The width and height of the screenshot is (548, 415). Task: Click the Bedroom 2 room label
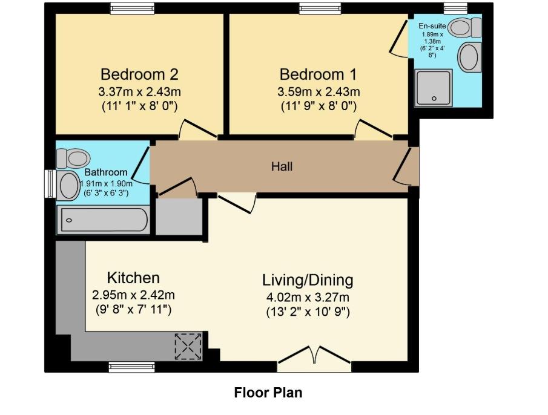tap(139, 74)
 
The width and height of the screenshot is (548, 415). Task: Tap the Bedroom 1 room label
tap(318, 74)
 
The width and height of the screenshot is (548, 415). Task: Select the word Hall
tap(282, 166)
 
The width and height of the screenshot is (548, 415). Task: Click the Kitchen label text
tap(133, 278)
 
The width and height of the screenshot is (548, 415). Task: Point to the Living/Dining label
tap(308, 280)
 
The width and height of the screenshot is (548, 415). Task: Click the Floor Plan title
tap(268, 393)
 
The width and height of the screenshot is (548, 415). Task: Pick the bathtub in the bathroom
tap(103, 221)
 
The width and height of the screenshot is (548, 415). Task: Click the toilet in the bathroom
tap(73, 158)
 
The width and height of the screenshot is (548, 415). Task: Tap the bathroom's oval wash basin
tap(68, 185)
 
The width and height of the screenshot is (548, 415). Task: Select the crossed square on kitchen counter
tap(187, 346)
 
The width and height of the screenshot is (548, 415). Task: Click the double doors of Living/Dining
tap(314, 358)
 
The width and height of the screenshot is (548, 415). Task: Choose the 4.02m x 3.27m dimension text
tap(308, 297)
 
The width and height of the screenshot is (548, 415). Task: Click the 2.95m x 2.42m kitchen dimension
tap(133, 295)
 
